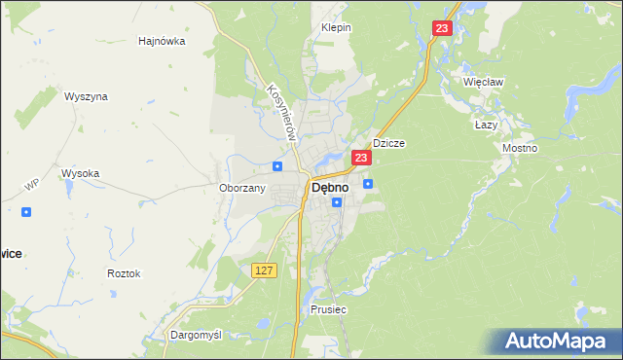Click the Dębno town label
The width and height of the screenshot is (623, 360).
[329, 188]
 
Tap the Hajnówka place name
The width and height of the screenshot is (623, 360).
[163, 42]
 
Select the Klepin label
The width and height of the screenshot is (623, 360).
[336, 28]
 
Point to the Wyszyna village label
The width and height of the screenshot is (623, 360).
[86, 97]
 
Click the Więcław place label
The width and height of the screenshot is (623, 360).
[484, 82]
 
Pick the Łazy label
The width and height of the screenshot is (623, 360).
[486, 126]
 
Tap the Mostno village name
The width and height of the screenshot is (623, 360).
[519, 147]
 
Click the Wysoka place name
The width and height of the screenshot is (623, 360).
[81, 173]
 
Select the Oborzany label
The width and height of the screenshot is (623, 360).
[242, 188]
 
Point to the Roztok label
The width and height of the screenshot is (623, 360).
[124, 273]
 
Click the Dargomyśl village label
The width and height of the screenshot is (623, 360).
[196, 334]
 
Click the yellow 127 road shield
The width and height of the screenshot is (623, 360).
[264, 270]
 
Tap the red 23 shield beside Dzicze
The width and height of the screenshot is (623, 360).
[361, 158]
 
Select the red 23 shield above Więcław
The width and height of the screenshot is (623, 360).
[443, 30]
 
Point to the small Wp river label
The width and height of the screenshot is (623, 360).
[31, 185]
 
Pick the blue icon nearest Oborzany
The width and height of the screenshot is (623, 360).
[277, 166]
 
